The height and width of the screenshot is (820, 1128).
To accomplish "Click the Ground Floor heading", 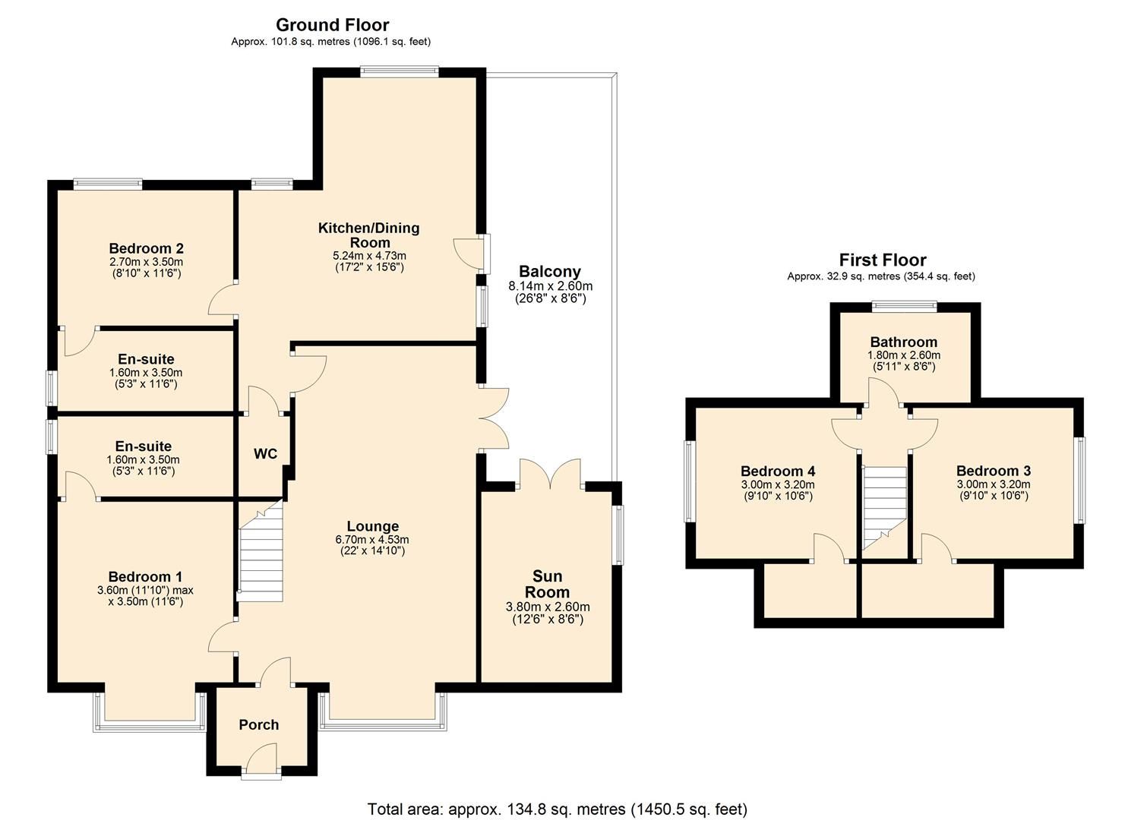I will click(332, 25).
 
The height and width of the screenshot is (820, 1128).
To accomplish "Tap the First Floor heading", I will click(882, 260).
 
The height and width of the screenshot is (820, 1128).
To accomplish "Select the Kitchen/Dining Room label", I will click(368, 235).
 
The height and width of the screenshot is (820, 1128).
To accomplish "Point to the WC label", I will click(265, 454).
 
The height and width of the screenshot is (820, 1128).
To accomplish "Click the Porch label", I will click(258, 725).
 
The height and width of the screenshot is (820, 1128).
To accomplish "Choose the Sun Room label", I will click(547, 584).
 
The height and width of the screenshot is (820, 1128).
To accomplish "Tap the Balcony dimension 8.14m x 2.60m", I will click(550, 286).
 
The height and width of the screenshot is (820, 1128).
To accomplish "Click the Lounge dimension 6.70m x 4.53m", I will click(372, 540).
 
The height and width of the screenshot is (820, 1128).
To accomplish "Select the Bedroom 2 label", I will click(146, 248).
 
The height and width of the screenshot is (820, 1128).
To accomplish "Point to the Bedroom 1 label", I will click(145, 576).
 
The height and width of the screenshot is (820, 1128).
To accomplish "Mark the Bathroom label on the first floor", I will click(903, 342).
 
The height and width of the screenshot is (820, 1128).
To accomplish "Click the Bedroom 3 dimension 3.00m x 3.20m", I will click(993, 484).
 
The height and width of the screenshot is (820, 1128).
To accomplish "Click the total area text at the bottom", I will click(557, 809).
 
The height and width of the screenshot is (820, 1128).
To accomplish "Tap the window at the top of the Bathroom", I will click(903, 307).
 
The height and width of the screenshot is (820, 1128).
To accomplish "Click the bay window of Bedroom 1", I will click(149, 725).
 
